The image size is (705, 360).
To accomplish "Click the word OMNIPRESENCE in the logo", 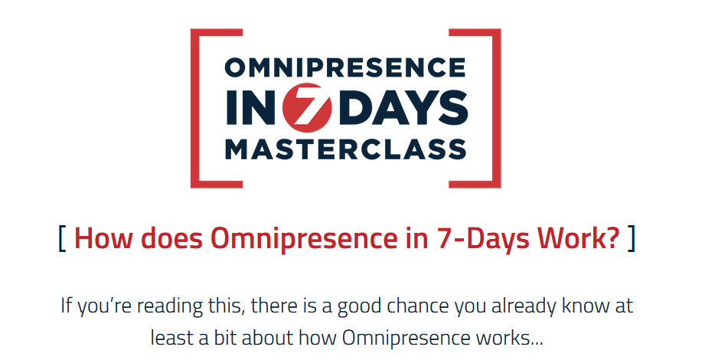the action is pos(345,67).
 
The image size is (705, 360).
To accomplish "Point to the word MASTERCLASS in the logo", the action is pos(345,149).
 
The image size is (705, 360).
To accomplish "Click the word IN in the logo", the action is pos(253,108).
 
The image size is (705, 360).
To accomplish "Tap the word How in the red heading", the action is pos(103,238).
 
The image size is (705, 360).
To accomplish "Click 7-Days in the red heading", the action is pos(484,239).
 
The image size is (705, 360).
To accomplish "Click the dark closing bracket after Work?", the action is pos(632,239).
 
